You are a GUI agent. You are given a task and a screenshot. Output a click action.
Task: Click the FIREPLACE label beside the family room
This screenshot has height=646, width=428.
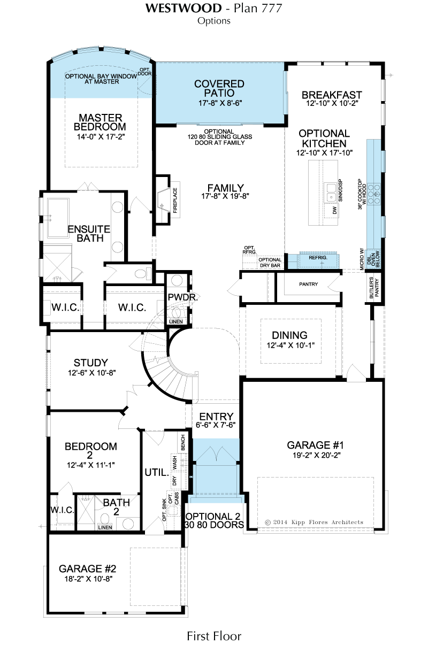click(175, 201)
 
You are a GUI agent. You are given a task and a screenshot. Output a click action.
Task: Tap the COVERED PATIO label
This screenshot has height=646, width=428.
click(219, 88)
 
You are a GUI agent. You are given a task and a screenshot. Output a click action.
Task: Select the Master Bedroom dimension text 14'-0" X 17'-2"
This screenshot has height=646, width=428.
click(101, 136)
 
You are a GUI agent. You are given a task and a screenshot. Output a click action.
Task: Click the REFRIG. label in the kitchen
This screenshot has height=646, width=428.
click(318, 258)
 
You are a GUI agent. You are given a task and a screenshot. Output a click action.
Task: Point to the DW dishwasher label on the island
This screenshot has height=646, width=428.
click(335, 210)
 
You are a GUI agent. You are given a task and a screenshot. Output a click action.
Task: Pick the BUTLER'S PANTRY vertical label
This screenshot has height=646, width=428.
click(374, 288)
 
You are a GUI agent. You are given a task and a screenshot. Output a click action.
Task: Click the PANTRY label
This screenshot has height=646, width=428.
click(309, 284)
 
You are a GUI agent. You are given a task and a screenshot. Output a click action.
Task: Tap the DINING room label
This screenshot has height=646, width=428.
click(290, 335)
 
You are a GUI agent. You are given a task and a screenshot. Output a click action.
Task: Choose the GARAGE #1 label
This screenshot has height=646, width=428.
click(315, 445)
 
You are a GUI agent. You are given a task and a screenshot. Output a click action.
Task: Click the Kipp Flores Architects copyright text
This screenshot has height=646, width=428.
click(314, 522)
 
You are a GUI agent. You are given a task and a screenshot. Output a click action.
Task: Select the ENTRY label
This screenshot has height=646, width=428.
click(216, 417)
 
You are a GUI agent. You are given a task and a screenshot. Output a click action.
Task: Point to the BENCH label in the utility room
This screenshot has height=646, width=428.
click(182, 443)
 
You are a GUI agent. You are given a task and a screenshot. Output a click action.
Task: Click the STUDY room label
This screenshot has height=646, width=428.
click(90, 363)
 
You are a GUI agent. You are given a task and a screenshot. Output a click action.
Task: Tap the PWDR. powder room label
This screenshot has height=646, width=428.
click(183, 297)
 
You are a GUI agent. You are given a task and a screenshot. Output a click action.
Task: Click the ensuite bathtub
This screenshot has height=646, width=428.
click(58, 218)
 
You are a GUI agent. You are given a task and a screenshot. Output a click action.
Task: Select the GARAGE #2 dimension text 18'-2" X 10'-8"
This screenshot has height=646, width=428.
click(88, 579)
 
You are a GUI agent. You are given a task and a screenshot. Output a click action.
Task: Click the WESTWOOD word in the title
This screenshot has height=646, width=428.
click(184, 9)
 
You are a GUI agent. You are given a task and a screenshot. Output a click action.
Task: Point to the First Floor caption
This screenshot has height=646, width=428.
click(214, 636)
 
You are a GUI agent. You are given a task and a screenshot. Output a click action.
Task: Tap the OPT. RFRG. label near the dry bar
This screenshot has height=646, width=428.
click(250, 250)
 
